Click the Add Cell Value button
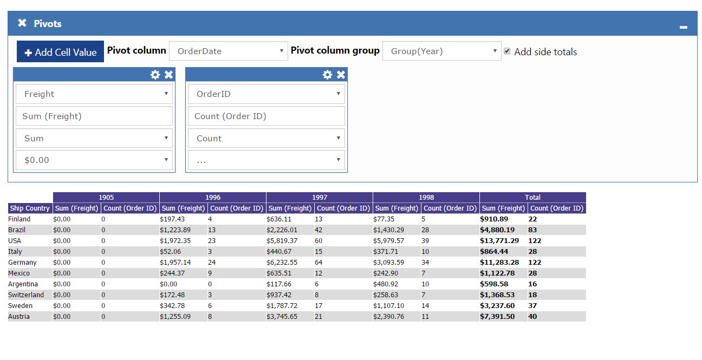tap(60, 51)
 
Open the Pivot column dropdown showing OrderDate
tap(229, 51)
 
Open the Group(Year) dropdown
tap(441, 51)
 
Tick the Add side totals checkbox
tap(507, 51)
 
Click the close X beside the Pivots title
tap(22, 23)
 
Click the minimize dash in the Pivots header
tap(684, 28)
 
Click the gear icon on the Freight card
tap(155, 75)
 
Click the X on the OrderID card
tap(341, 75)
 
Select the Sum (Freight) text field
tap(94, 116)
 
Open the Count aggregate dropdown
tap(266, 138)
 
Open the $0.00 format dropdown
tap(94, 160)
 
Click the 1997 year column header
tap(320, 198)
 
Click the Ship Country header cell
tap(30, 208)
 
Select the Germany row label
tap(22, 262)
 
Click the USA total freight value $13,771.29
tap(499, 240)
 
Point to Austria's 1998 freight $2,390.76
tap(388, 317)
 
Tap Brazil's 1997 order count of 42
tap(318, 230)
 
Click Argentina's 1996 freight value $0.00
tap(168, 284)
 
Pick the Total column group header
tap(532, 198)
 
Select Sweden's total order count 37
tap(532, 306)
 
